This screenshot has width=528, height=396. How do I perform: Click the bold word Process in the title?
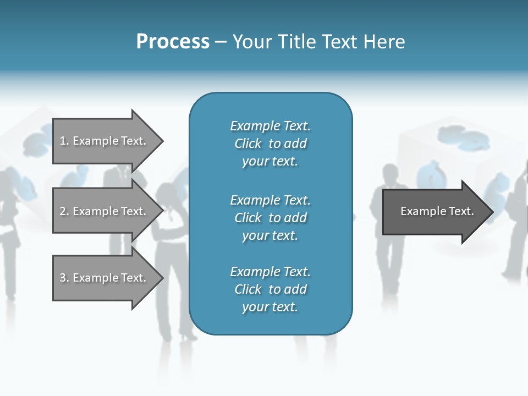173,42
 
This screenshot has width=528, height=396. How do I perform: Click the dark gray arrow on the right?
435,211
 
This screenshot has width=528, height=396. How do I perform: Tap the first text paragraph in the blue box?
270,144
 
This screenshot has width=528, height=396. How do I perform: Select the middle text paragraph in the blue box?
270,218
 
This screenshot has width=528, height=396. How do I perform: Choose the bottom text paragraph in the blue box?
270,289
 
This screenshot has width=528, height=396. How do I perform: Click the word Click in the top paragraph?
248,144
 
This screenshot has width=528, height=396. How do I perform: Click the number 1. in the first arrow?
64,141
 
